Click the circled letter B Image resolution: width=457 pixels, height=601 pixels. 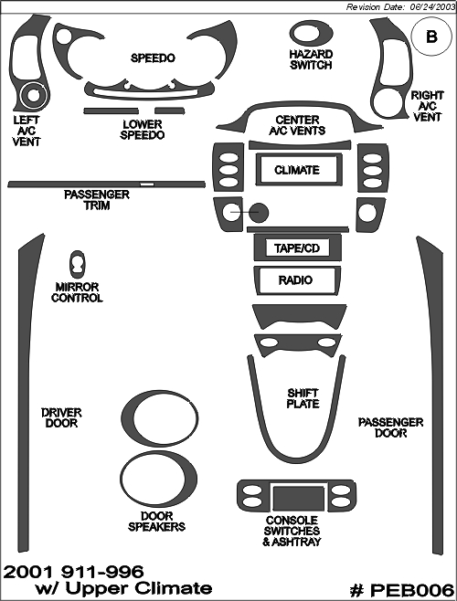click(431, 37)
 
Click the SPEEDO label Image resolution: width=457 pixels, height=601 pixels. click(153, 58)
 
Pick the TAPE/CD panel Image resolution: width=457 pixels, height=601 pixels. click(297, 248)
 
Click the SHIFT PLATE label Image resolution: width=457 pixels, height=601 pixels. click(303, 398)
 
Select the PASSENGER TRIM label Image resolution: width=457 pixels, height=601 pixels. click(97, 200)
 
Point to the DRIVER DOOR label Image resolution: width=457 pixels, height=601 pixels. click(61, 417)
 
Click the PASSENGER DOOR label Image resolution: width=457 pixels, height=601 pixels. click(390, 427)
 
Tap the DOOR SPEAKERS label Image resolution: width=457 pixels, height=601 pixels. click(156, 522)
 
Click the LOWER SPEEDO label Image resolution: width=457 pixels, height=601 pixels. click(143, 130)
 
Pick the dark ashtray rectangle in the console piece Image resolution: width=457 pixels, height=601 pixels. click(299, 499)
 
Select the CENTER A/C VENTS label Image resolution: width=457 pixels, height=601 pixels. click(297, 125)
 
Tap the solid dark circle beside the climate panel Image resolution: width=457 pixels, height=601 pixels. click(259, 213)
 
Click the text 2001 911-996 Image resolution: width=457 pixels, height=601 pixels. click(73, 572)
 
